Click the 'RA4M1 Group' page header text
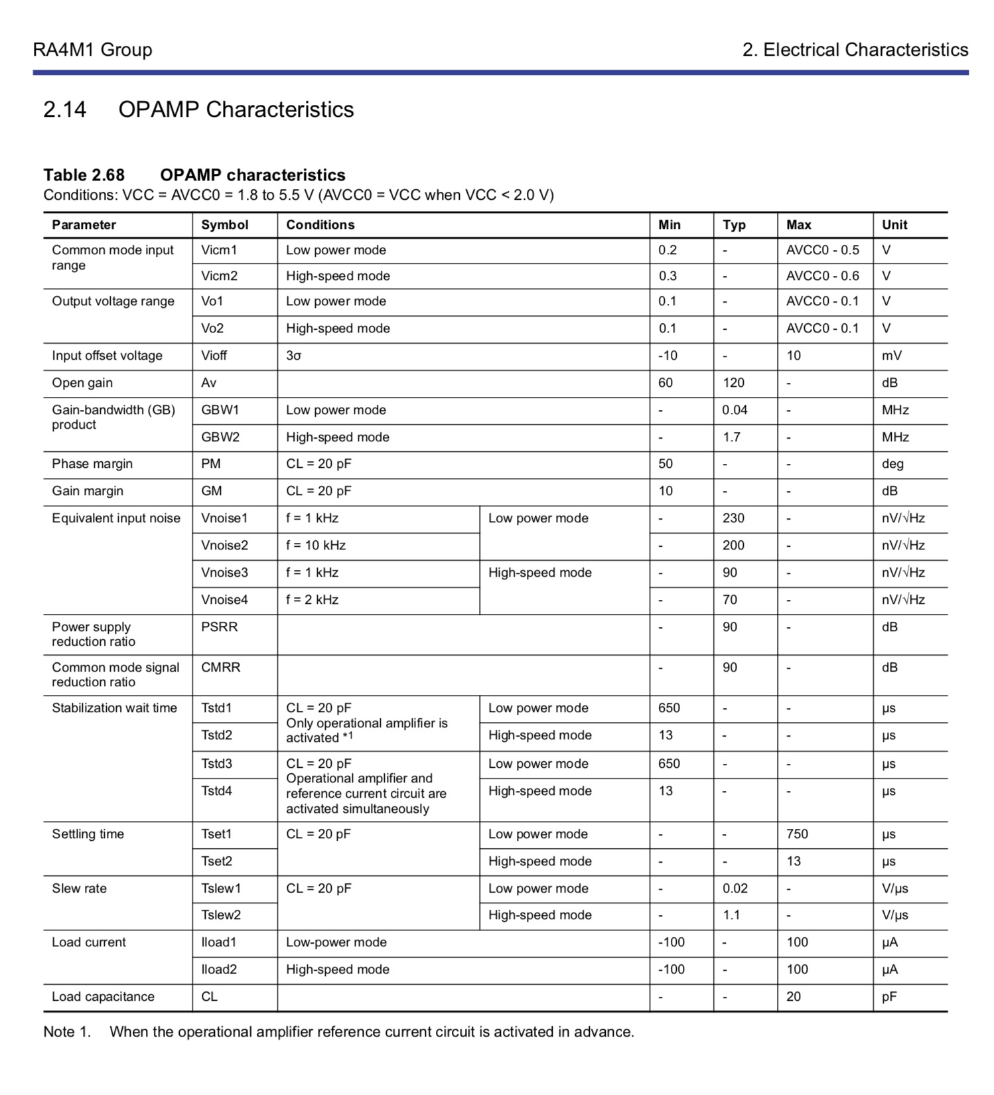tap(92, 50)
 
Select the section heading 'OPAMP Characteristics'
tap(236, 110)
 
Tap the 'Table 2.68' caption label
tap(84, 175)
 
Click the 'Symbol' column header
tap(224, 225)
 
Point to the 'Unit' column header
tap(894, 225)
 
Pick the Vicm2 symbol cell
tap(219, 276)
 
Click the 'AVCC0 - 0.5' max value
tap(822, 250)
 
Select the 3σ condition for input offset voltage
tap(293, 356)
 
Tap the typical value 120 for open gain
tap(733, 383)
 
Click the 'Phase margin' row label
tap(92, 464)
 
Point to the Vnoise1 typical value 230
tap(733, 518)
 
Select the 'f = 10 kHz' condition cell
tap(315, 546)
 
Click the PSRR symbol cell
tap(219, 627)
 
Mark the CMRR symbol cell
tap(220, 668)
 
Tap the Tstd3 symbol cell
tap(216, 764)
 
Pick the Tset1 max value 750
tap(797, 834)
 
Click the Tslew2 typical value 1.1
tap(731, 915)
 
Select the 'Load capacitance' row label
tap(103, 997)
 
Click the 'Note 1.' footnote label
tap(66, 1032)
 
